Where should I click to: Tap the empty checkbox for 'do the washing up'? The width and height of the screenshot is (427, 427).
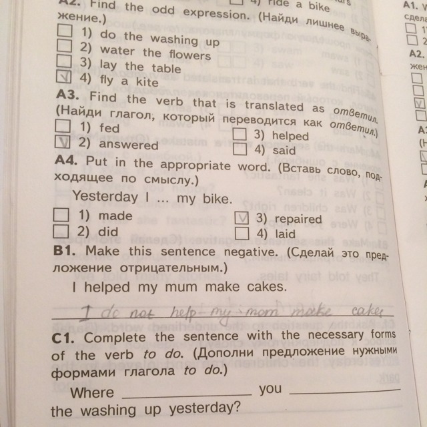click(x=64, y=30)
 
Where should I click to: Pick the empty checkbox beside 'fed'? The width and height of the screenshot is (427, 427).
click(x=63, y=125)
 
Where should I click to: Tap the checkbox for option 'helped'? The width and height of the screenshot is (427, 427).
click(x=242, y=133)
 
